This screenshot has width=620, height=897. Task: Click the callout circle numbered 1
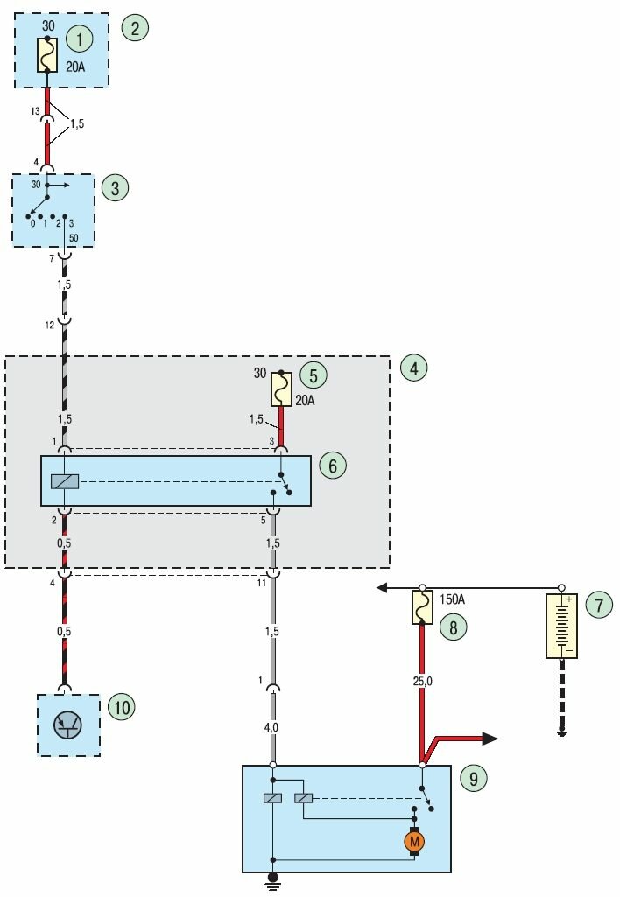point(80,39)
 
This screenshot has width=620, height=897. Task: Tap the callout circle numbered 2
point(135,27)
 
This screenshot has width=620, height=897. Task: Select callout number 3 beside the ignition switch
point(115,187)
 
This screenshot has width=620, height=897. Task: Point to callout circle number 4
point(414,368)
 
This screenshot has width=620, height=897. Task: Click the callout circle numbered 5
point(313,375)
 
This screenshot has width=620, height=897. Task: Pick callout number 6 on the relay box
point(333,465)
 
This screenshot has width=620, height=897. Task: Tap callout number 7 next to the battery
point(599,604)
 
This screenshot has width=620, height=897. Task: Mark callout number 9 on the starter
point(473,776)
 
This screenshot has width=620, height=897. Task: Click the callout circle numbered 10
point(121,706)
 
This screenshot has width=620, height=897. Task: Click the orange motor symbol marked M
point(414,842)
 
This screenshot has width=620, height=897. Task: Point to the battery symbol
point(561,626)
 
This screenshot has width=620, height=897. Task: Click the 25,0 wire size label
point(422,678)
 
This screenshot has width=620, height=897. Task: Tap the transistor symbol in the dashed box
point(68,724)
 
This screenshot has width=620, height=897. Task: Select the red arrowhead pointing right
point(490,739)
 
